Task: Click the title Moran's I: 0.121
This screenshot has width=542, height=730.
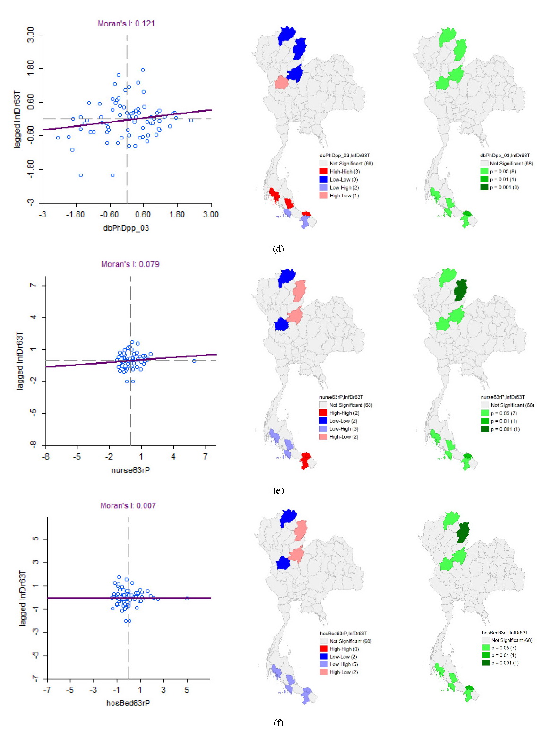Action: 126,24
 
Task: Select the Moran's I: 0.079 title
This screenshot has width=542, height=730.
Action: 130,264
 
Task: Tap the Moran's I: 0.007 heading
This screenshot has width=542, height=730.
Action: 129,505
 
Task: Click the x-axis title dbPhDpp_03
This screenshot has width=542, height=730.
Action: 126,228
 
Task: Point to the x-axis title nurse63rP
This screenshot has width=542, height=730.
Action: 130,469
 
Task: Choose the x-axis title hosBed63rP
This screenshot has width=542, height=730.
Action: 128,703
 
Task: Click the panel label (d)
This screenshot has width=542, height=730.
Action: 278,249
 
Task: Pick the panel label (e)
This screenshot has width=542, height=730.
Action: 278,491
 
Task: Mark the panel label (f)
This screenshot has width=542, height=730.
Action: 278,723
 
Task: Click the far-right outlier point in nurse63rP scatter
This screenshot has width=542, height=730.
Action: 194,361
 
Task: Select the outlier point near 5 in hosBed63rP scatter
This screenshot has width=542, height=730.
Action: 187,598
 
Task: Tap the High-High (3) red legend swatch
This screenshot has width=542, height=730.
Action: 324,172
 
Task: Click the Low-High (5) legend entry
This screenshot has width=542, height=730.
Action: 339,664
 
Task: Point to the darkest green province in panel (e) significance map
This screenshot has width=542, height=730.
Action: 460,290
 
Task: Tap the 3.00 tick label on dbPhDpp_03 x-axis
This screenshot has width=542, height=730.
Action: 211,215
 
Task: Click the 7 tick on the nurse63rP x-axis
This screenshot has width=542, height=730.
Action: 206,457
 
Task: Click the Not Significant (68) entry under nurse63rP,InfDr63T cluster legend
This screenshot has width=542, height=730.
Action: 346,405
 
